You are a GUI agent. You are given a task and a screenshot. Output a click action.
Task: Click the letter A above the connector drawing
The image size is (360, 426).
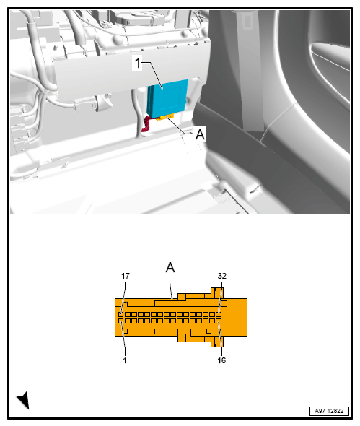[170, 268]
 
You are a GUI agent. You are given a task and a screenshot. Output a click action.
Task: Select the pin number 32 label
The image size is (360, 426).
[222, 276]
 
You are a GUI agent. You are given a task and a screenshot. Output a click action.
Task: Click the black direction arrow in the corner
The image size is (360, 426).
[23, 399]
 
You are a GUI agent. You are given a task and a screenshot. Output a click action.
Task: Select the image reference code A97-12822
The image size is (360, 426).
[328, 409]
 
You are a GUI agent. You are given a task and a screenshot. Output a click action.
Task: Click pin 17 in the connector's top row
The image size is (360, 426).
[123, 314]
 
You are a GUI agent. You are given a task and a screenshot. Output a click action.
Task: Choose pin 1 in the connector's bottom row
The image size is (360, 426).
[123, 321]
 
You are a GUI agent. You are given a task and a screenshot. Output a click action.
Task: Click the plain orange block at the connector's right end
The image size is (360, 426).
[237, 318]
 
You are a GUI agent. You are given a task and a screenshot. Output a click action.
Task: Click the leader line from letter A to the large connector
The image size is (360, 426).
[171, 286]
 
